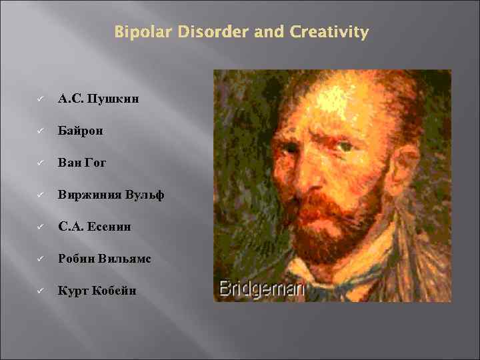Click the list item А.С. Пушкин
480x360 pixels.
tap(98, 99)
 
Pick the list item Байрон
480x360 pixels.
tap(81, 131)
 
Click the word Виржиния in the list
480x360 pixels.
tap(87, 195)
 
